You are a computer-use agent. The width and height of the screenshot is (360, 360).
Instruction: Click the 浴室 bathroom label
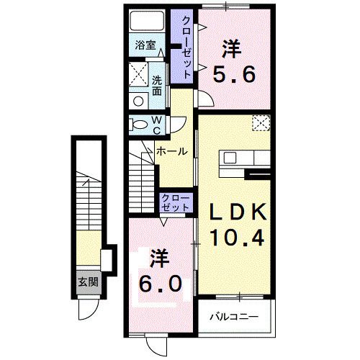(145, 45)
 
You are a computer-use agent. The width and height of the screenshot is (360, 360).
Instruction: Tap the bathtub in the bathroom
(147, 20)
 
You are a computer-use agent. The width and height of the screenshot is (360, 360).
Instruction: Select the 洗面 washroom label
(157, 86)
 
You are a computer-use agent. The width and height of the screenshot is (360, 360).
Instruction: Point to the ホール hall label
(171, 151)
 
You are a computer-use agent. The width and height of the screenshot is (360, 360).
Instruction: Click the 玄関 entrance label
(89, 282)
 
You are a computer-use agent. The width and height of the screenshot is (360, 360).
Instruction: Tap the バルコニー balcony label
(234, 317)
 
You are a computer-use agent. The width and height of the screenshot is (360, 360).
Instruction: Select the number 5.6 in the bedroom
(234, 74)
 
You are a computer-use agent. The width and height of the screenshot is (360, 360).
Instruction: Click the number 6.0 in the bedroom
(160, 284)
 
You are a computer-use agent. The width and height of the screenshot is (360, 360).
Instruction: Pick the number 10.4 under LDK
(237, 238)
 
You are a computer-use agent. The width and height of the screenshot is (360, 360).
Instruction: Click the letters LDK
(238, 212)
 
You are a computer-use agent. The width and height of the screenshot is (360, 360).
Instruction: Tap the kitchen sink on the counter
(230, 158)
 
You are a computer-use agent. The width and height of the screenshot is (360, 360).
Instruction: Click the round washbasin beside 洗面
(138, 101)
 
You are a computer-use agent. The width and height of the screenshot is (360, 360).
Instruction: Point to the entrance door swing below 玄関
(88, 309)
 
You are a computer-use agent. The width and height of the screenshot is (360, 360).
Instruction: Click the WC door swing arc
(178, 125)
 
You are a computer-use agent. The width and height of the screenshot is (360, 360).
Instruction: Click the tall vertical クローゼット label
(186, 47)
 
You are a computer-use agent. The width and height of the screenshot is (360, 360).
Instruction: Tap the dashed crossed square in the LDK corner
(261, 123)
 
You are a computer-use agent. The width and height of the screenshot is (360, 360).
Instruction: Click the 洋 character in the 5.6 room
(232, 49)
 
